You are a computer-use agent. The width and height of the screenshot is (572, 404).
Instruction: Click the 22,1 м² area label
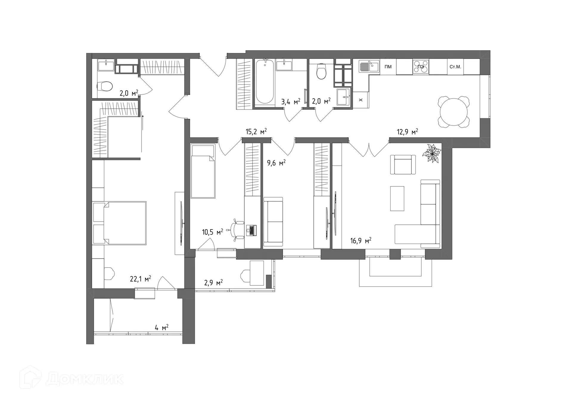click(x=140, y=279)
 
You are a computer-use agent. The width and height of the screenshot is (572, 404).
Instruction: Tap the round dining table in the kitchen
click(x=454, y=112)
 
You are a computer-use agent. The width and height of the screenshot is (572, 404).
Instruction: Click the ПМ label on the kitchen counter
click(x=388, y=67)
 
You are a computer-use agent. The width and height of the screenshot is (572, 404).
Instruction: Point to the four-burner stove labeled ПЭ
click(x=421, y=67)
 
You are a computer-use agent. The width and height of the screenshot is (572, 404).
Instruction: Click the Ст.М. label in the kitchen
click(x=455, y=67)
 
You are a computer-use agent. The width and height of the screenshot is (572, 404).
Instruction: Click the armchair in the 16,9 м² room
click(x=403, y=165)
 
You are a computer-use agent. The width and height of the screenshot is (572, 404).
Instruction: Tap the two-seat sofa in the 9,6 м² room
click(x=273, y=222)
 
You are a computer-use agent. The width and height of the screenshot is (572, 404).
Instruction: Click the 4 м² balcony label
click(x=161, y=328)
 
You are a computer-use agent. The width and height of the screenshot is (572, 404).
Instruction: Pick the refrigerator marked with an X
click(x=361, y=100)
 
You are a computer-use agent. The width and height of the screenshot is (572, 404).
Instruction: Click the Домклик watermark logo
click(x=71, y=379)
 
